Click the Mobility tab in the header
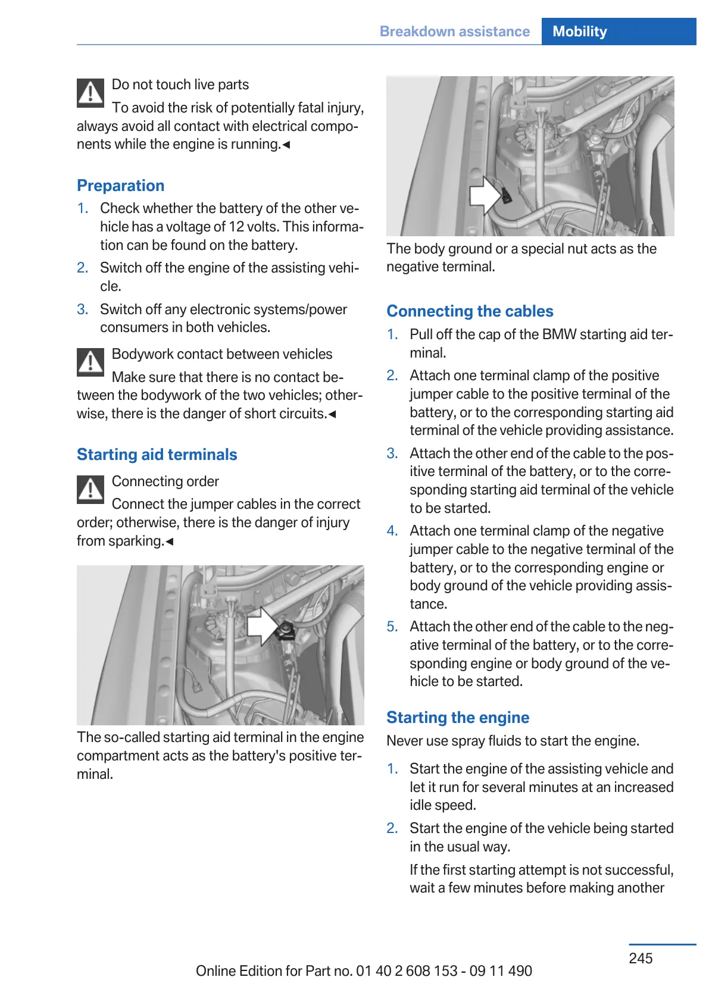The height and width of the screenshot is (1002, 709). (579, 32)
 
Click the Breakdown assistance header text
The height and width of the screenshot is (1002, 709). (454, 32)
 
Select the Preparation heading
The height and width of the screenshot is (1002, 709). (121, 186)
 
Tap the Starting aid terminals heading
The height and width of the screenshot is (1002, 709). (157, 455)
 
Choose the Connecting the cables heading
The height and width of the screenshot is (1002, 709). (470, 311)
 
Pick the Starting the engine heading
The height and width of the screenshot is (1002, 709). (458, 718)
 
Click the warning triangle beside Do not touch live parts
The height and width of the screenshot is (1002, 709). (90, 93)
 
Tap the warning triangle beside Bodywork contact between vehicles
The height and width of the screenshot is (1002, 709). (90, 362)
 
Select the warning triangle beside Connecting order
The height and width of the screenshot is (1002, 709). (90, 490)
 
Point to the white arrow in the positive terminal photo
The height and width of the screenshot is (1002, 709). (262, 626)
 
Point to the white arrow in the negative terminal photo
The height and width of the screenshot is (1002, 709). (485, 195)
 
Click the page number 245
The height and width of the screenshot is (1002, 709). (641, 958)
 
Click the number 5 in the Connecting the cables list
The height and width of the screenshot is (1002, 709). (392, 627)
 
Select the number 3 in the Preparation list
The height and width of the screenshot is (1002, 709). (82, 309)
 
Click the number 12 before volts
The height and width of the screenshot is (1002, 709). (236, 227)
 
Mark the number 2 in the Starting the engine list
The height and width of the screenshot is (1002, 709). (392, 828)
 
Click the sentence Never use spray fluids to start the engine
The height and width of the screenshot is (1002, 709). (513, 741)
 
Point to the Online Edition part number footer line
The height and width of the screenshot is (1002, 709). (364, 971)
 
